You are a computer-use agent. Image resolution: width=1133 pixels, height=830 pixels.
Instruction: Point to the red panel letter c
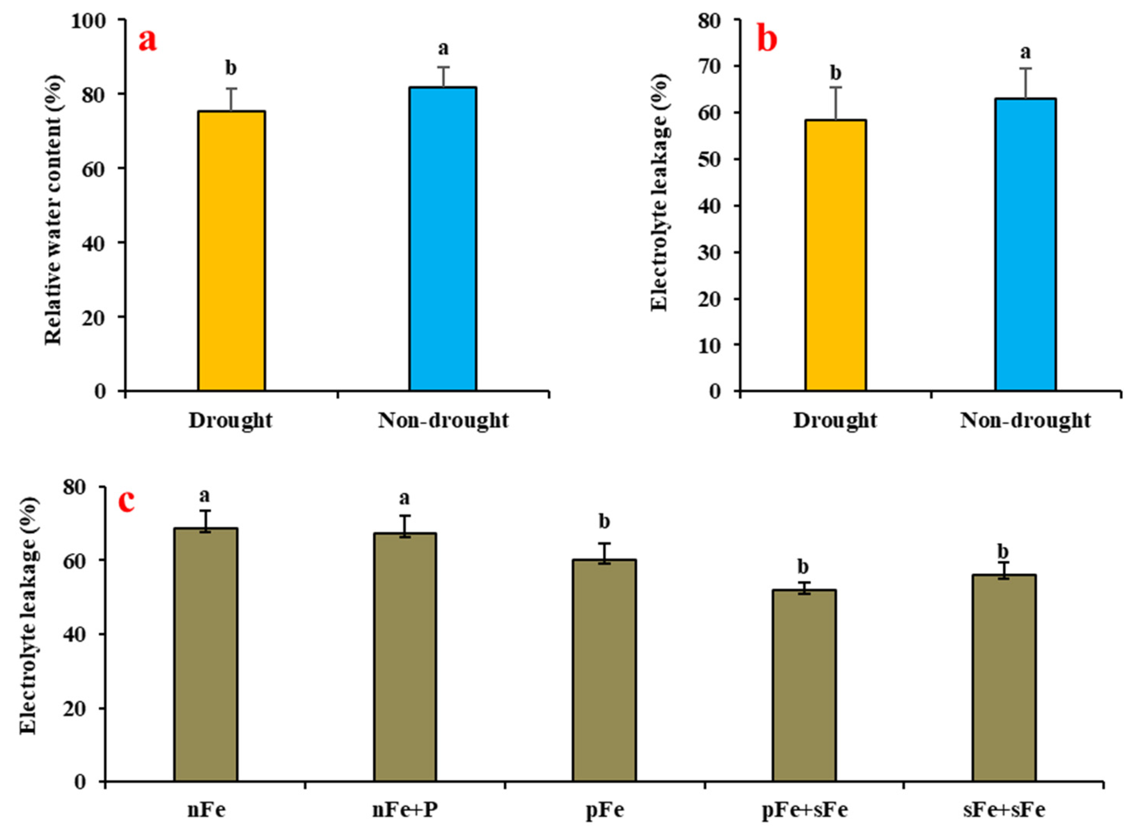pyautogui.click(x=126, y=501)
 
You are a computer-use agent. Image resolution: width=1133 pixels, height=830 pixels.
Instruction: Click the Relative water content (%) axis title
pyautogui.click(x=54, y=210)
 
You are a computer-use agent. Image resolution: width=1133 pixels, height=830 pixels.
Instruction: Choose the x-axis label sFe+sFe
pyautogui.click(x=1004, y=810)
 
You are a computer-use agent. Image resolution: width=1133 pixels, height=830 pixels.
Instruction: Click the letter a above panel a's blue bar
pyautogui.click(x=443, y=49)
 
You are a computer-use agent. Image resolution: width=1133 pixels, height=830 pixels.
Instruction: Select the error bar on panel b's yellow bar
pyautogui.click(x=835, y=103)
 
